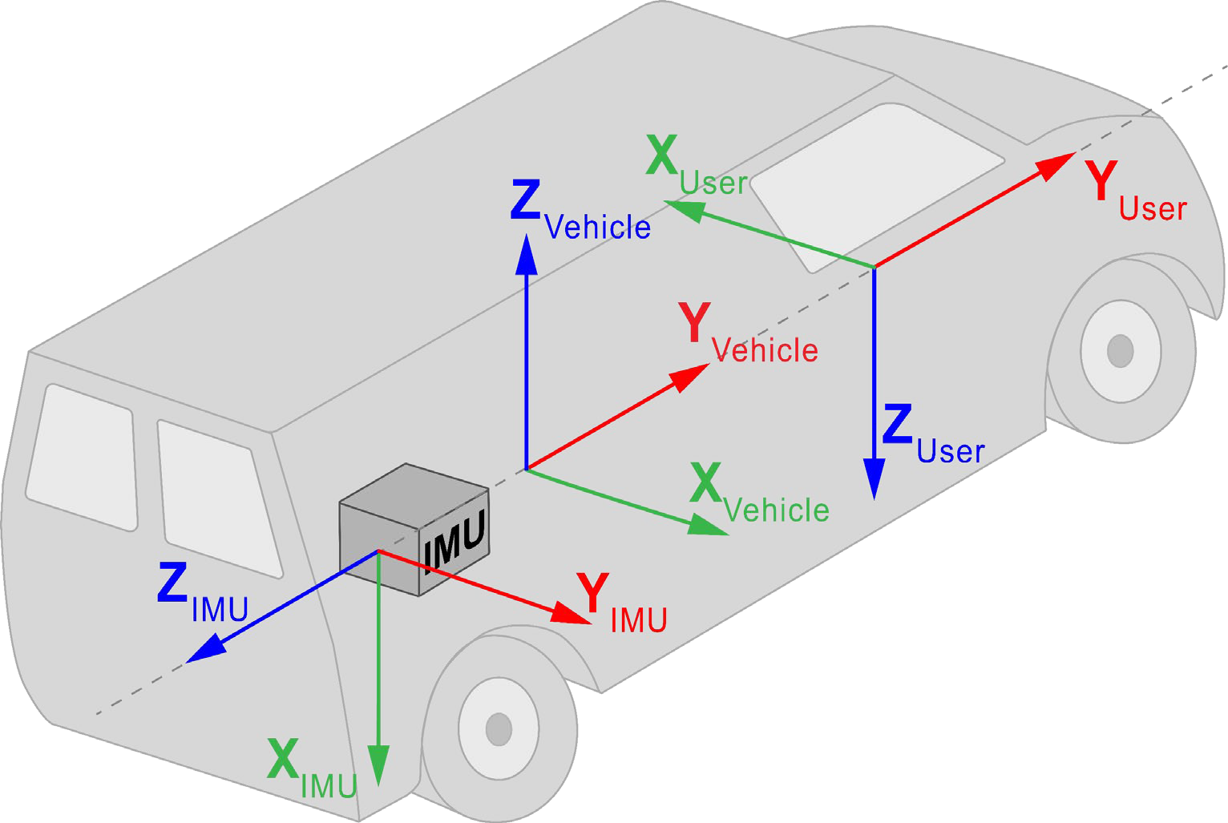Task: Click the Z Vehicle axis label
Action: point(579,212)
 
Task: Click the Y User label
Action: point(1135,192)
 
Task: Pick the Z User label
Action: point(931,437)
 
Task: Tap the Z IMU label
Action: point(201,595)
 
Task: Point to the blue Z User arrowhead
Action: point(874,479)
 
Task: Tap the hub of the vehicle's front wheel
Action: point(1119,351)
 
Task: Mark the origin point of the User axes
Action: point(874,266)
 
